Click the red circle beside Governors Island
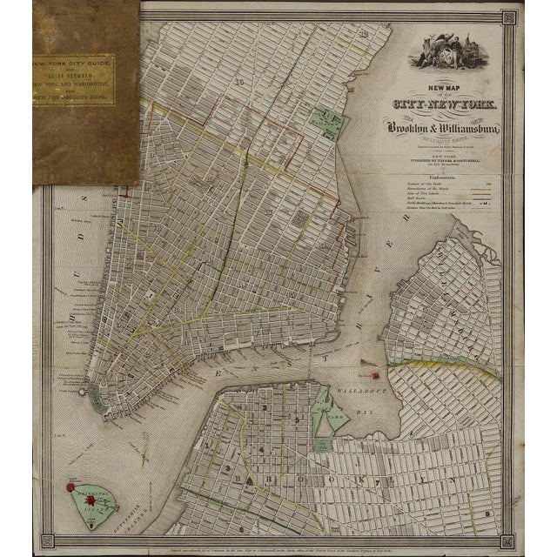point(71,489)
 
